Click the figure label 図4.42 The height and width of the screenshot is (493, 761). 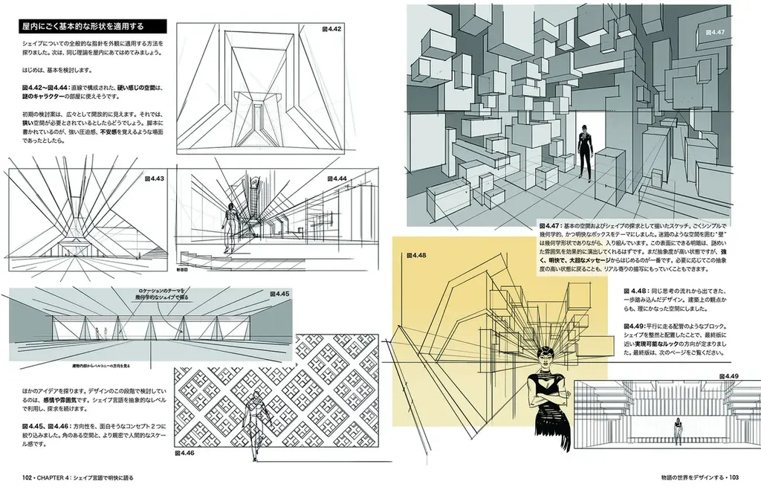331,29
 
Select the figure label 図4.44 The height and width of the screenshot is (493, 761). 337,178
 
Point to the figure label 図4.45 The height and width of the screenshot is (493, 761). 280,294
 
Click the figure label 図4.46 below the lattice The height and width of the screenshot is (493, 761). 184,452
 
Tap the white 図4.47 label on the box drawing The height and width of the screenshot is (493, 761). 716,32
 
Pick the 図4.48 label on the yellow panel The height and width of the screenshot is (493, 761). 416,255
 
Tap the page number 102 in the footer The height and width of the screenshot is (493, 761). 28,477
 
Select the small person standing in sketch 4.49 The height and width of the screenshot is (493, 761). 677,430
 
